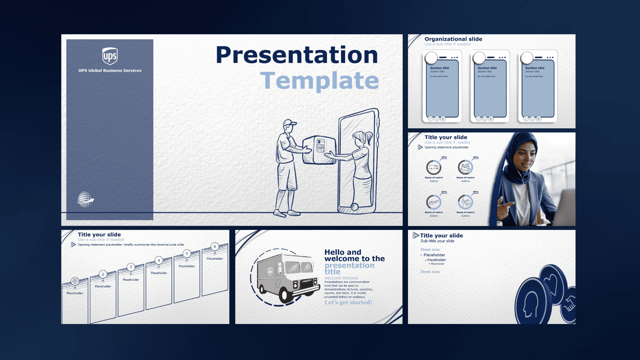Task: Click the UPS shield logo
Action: click(x=110, y=56)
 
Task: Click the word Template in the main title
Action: click(x=319, y=81)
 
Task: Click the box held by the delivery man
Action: click(x=319, y=150)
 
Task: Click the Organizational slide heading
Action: click(x=453, y=39)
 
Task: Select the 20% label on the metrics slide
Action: click(x=444, y=157)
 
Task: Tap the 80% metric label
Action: click(x=476, y=192)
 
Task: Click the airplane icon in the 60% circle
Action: click(x=433, y=202)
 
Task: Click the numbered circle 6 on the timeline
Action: click(x=215, y=247)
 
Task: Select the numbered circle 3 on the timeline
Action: click(x=131, y=267)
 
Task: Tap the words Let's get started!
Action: click(x=348, y=302)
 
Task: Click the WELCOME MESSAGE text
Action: click(x=341, y=278)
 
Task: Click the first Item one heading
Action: click(x=430, y=249)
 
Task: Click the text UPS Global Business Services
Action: click(x=110, y=70)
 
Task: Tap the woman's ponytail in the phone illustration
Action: click(x=369, y=137)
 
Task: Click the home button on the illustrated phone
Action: click(x=355, y=207)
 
